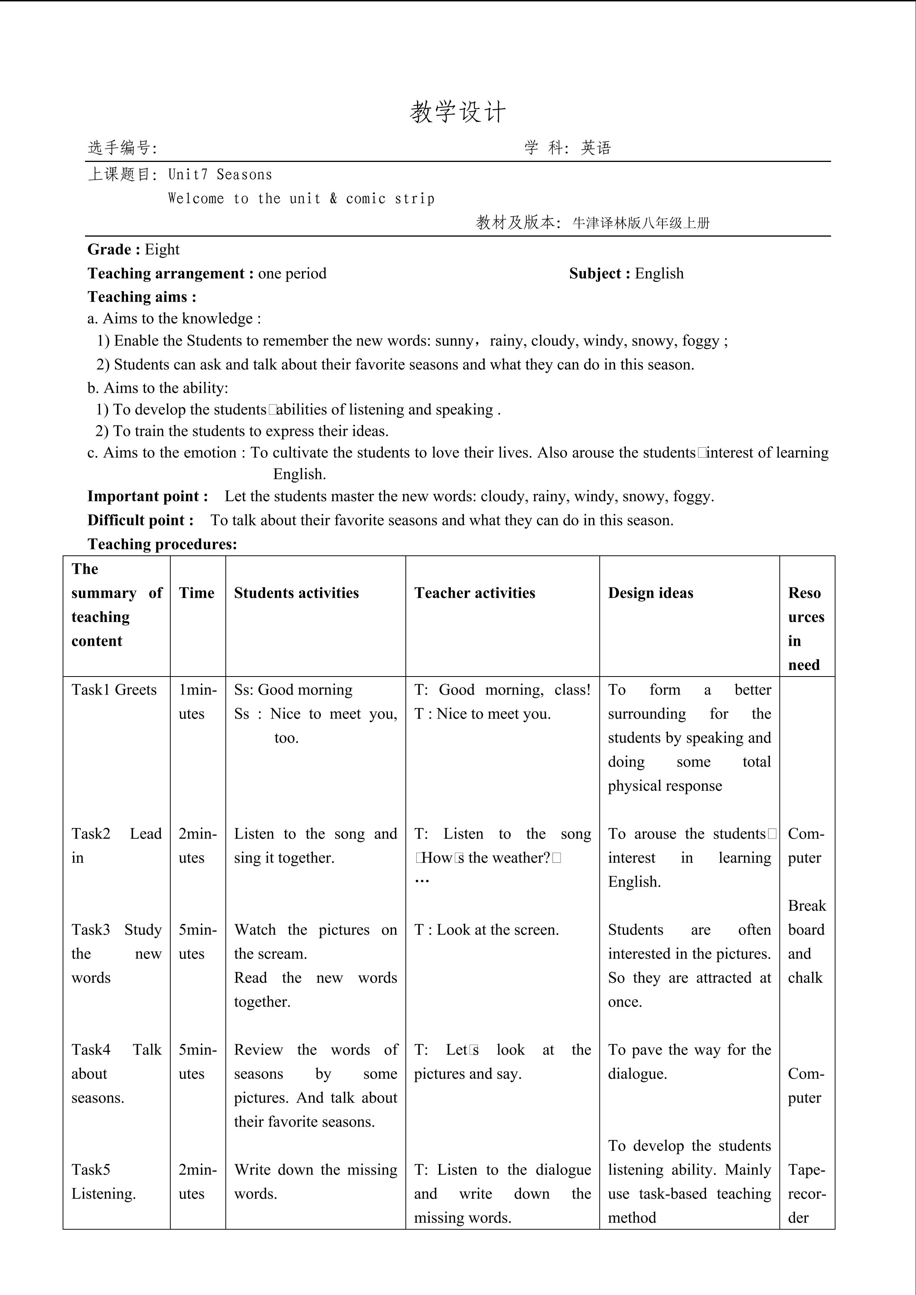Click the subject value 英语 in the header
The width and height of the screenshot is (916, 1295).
pyautogui.click(x=596, y=148)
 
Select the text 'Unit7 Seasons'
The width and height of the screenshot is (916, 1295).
pyautogui.click(x=220, y=175)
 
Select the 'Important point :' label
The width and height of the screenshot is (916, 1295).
pyautogui.click(x=148, y=496)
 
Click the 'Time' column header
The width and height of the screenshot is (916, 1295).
pyautogui.click(x=197, y=593)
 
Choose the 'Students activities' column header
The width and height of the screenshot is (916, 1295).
pyautogui.click(x=296, y=593)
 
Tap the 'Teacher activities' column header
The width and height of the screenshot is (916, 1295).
pyautogui.click(x=474, y=593)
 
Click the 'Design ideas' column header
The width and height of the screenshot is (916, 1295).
pyautogui.click(x=650, y=593)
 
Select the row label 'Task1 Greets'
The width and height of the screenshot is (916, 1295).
pyautogui.click(x=114, y=690)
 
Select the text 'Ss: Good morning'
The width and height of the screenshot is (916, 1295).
pyautogui.click(x=293, y=690)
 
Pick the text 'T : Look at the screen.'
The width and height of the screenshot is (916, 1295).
pyautogui.click(x=486, y=930)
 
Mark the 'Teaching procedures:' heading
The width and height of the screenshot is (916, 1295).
pyautogui.click(x=162, y=544)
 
